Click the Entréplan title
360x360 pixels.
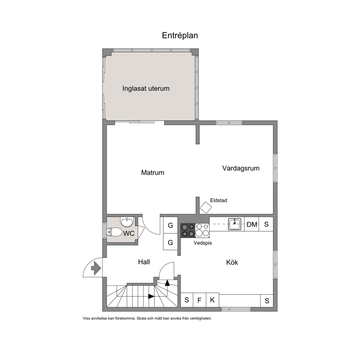pyautogui.click(x=180, y=36)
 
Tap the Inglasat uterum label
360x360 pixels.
pyautogui.click(x=146, y=89)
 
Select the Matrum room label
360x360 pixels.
pyautogui.click(x=153, y=172)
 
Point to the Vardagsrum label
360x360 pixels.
pyautogui.click(x=241, y=168)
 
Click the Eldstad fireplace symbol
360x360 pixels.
pyautogui.click(x=206, y=208)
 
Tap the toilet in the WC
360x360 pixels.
pyautogui.click(x=115, y=232)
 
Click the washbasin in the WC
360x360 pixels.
pyautogui.click(x=127, y=222)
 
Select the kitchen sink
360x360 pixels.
pyautogui.click(x=235, y=224)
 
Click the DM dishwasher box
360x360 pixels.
pyautogui.click(x=252, y=224)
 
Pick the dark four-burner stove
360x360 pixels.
pyautogui.click(x=188, y=230)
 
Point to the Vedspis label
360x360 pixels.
pyautogui.click(x=203, y=243)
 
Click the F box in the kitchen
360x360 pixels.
pyautogui.click(x=199, y=300)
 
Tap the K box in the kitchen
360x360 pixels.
pyautogui.click(x=212, y=300)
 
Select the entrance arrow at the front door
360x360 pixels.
pyautogui.click(x=96, y=268)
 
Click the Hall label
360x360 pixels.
pyautogui.click(x=144, y=262)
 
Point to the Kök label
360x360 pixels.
pyautogui.click(x=232, y=262)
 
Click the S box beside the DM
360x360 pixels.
pyautogui.click(x=266, y=224)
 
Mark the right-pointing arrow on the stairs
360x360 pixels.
pyautogui.click(x=151, y=296)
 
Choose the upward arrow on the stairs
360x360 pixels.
pyautogui.click(x=167, y=283)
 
